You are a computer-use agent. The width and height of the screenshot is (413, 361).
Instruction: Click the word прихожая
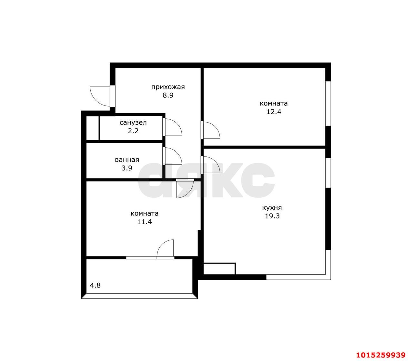click(168, 87)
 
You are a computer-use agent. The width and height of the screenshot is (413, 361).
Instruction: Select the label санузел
click(133, 123)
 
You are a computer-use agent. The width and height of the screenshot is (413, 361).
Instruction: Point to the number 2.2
click(133, 131)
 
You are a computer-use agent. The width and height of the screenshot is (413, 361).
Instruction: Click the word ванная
click(127, 160)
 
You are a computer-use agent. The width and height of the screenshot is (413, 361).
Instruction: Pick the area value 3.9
click(127, 168)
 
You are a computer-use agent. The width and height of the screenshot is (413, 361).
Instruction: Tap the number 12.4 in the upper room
click(273, 112)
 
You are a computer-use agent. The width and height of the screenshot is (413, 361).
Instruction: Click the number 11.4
click(144, 222)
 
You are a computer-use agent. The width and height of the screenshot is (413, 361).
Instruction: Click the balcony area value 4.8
click(95, 286)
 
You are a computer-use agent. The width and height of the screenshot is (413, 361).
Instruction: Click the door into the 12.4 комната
click(211, 130)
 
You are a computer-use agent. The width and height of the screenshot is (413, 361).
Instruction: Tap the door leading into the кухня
click(211, 165)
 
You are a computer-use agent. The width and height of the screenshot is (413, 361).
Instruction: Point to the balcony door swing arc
click(165, 248)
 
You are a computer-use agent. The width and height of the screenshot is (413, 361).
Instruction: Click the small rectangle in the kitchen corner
click(219, 269)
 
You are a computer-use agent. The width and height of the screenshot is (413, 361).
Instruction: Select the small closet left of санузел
click(92, 128)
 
